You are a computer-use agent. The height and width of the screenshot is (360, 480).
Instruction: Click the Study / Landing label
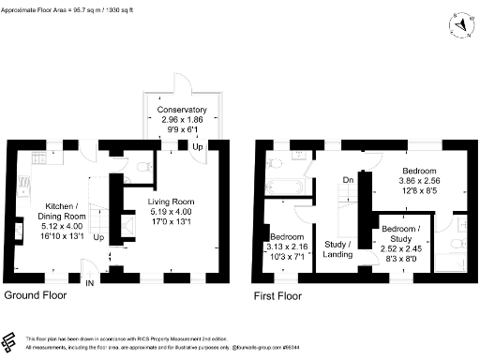click(x=337, y=248)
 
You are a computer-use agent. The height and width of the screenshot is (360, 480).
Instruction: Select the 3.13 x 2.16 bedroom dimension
click(x=288, y=248)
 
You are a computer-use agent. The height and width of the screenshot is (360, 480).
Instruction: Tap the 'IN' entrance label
click(x=91, y=283)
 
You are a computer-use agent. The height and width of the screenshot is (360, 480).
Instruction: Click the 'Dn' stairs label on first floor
click(x=347, y=181)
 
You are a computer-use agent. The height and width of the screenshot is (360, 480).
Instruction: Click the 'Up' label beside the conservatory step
click(x=198, y=147)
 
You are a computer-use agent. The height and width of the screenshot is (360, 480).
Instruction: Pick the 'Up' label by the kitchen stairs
click(x=98, y=234)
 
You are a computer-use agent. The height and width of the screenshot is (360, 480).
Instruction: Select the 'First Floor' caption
click(x=277, y=295)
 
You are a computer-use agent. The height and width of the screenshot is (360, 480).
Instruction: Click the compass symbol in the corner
click(x=462, y=24)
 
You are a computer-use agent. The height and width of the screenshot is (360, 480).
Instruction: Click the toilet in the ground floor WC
click(x=141, y=167)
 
